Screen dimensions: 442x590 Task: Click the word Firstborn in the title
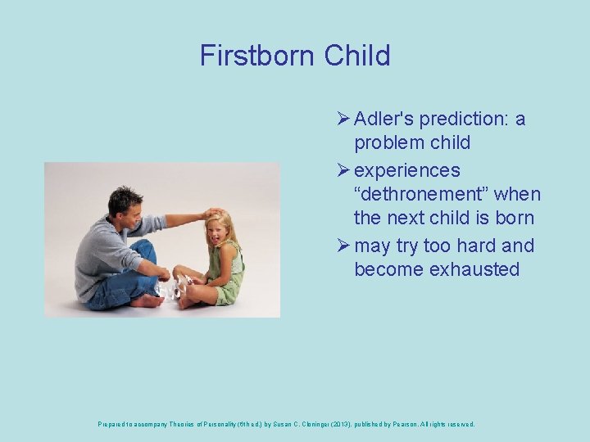(x=257, y=56)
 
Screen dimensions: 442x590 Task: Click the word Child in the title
(x=356, y=56)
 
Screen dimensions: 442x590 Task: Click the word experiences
(x=406, y=170)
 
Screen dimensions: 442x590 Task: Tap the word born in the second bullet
(x=513, y=218)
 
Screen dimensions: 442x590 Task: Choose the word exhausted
(x=474, y=269)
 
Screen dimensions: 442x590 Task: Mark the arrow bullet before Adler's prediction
(x=343, y=119)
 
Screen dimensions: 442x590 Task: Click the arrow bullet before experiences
(x=343, y=170)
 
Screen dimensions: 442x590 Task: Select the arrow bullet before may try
(x=343, y=246)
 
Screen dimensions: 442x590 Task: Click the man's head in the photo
(x=125, y=203)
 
